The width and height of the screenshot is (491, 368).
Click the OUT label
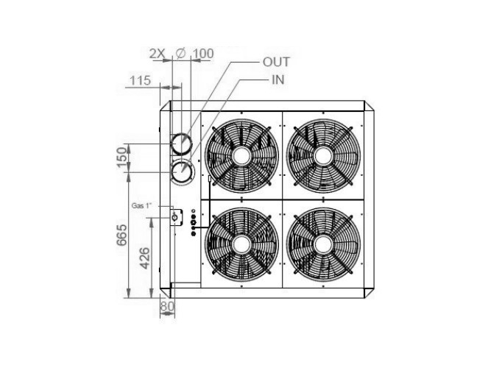276,62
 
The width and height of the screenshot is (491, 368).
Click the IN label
278,80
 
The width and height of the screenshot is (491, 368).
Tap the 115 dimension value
141,80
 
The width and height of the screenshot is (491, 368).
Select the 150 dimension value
122,158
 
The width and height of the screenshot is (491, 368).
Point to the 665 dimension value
121,235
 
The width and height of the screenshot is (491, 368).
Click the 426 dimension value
144,258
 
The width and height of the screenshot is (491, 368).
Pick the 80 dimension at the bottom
167,306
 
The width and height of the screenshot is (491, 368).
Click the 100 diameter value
203,54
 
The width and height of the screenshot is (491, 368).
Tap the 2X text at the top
157,54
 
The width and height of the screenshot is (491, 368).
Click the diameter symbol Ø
181,54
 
